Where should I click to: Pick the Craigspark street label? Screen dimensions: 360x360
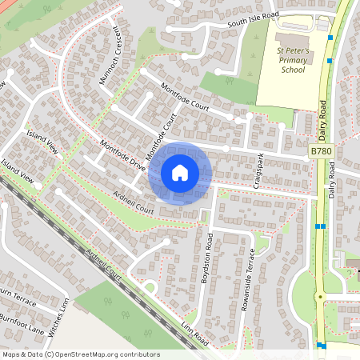point(258,170)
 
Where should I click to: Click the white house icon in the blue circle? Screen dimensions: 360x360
point(180,173)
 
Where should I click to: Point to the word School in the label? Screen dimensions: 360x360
point(293,70)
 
